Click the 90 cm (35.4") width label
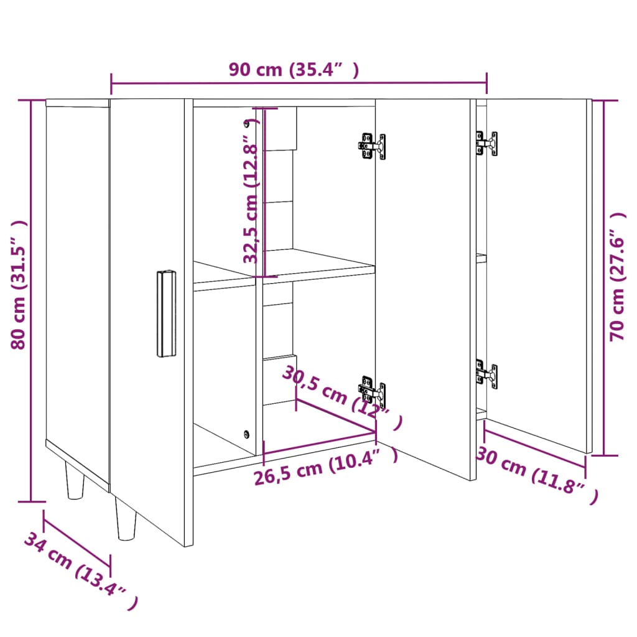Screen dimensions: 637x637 [x=293, y=70]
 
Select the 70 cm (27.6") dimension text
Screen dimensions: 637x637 [x=617, y=277]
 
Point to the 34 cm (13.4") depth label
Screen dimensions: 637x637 [x=79, y=571]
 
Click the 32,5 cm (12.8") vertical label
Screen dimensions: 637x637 [x=251, y=192]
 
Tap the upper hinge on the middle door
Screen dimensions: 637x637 [x=372, y=146]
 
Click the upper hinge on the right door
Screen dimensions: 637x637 [x=486, y=143]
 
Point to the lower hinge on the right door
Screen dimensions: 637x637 [x=486, y=374]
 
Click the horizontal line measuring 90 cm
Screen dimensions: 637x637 [x=299, y=83]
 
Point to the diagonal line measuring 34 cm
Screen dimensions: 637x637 [x=77, y=538]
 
